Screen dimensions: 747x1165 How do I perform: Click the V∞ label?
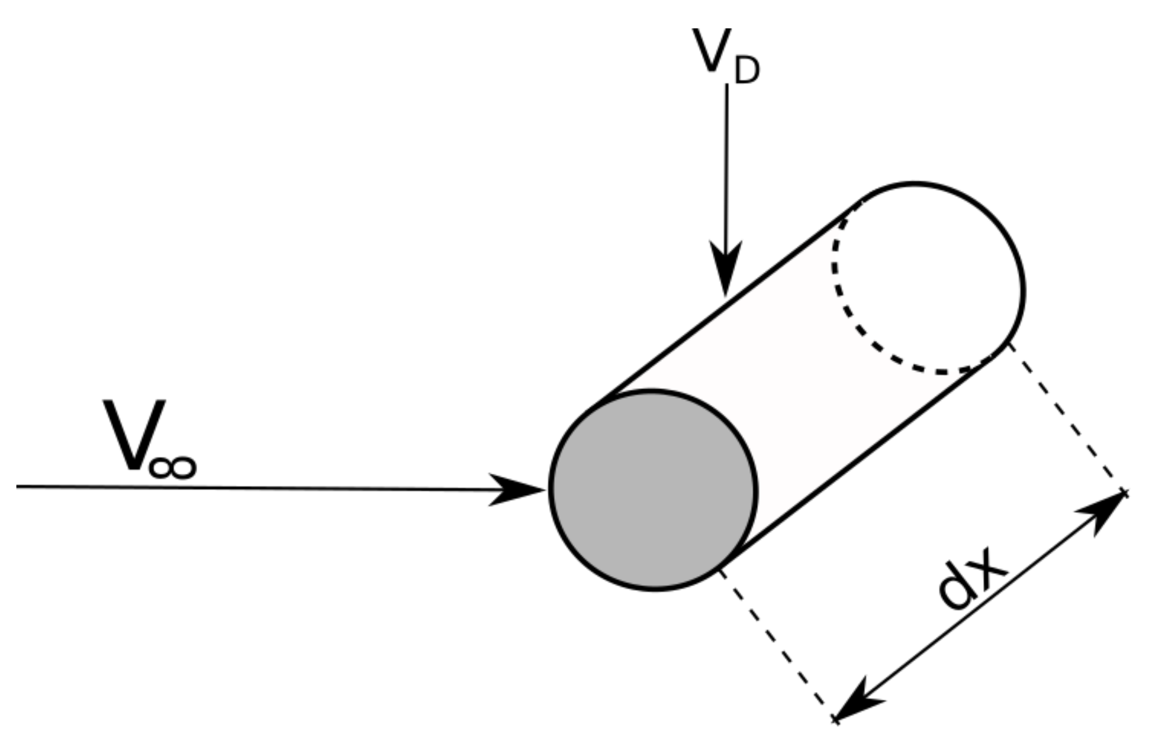(x=148, y=439)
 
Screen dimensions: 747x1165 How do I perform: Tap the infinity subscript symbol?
(x=172, y=467)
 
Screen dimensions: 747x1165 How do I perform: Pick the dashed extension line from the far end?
(x=1066, y=417)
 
